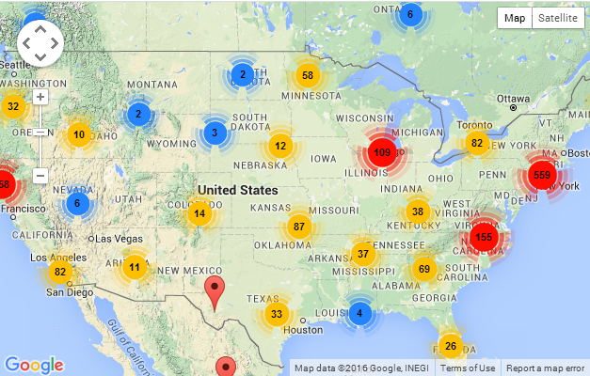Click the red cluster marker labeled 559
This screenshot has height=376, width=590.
pos(542,174)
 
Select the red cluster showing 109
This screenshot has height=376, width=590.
pos(382,152)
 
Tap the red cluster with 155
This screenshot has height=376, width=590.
pos(484,237)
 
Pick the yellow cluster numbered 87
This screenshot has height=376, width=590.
pos(299,227)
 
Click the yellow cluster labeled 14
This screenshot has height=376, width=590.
pos(199,212)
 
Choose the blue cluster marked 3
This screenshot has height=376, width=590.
pos(215,133)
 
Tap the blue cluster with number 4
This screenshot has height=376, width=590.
pos(359,313)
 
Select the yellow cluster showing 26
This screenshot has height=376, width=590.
pos(451,347)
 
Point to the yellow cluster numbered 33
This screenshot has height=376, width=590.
pos(275,314)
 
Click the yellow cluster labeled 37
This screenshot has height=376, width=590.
pos(363,253)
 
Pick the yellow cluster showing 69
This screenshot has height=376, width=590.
pos(423,270)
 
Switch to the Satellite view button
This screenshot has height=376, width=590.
pos(557,18)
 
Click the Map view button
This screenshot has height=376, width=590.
pos(515,18)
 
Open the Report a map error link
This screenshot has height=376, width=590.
pos(545,368)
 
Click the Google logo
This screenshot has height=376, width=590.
pos(34,365)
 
